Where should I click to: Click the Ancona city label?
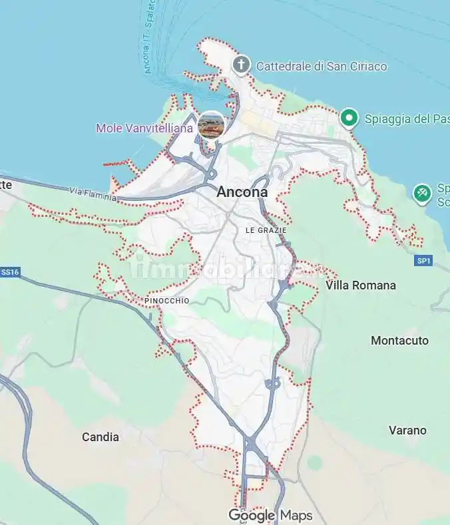coord(242,192)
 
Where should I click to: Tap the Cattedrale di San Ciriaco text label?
coord(321,67)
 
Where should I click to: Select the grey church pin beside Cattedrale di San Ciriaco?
coord(240,65)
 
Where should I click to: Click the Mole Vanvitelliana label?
coord(144,128)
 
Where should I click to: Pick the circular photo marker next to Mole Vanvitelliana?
coord(211,124)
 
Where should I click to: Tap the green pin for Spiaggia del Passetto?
coord(348,118)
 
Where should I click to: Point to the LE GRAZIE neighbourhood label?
coord(266,230)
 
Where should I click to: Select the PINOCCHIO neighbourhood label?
coord(166,301)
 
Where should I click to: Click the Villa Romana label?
coord(360,285)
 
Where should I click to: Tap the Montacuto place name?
coord(399,341)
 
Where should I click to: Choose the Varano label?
coord(407,431)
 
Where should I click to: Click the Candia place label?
coord(101,437)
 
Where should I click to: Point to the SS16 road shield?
coord(10,272)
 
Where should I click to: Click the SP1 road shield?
coord(424,261)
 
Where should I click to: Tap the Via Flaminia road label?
coord(93,194)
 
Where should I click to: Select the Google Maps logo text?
coord(270,515)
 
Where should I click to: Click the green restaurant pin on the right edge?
coord(421,194)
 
